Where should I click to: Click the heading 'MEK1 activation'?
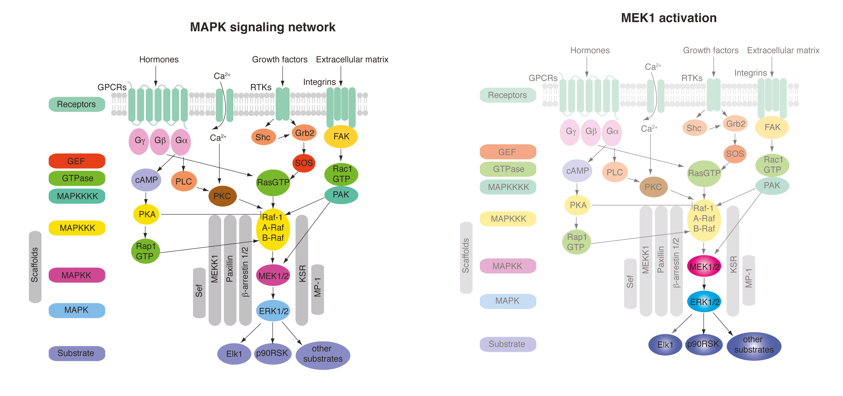pyautogui.click(x=669, y=18)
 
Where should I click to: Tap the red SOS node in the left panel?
pyautogui.click(x=304, y=163)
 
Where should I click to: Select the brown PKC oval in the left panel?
pyautogui.click(x=222, y=196)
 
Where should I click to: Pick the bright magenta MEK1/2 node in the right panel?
pyautogui.click(x=704, y=266)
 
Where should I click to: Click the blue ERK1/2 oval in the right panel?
pyautogui.click(x=704, y=301)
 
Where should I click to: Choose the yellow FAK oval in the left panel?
pyautogui.click(x=341, y=136)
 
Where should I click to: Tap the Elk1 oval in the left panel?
pyautogui.click(x=234, y=354)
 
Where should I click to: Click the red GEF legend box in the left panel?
pyautogui.click(x=76, y=161)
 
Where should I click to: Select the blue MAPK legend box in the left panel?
pyautogui.click(x=76, y=310)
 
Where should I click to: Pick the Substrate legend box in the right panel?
pyautogui.click(x=507, y=344)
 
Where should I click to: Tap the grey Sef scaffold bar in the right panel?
pyautogui.click(x=630, y=283)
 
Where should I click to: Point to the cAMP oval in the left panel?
pyautogui.click(x=146, y=180)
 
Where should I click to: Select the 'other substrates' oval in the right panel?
pyautogui.click(x=754, y=345)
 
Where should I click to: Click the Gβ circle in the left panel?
pyautogui.click(x=160, y=141)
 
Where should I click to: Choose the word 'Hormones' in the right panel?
pyautogui.click(x=590, y=50)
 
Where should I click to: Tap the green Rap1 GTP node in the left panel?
pyautogui.click(x=145, y=251)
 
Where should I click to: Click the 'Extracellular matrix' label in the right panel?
pyautogui.click(x=783, y=50)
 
